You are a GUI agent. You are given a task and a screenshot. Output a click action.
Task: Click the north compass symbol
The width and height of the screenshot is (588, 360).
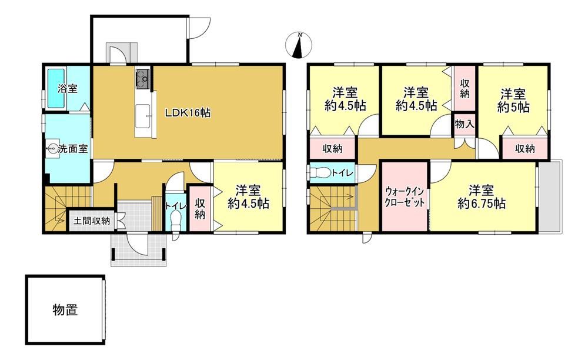(x=299, y=45)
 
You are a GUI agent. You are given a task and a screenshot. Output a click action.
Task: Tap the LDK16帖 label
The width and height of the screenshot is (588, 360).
(x=188, y=112)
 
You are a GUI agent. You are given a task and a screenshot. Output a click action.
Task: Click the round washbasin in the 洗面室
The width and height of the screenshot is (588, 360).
(x=52, y=149)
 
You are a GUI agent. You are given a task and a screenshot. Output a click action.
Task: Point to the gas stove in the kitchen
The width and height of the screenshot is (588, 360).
(x=142, y=79)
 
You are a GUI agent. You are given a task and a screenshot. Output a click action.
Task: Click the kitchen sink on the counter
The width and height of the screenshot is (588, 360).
(x=143, y=115)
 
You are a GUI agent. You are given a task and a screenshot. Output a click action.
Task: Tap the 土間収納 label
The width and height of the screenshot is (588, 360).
(x=92, y=221)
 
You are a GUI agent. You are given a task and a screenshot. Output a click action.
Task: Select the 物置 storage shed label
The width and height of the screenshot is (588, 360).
(x=65, y=310)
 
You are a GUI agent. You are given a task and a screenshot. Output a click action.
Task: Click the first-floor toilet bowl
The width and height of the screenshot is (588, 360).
(x=175, y=221)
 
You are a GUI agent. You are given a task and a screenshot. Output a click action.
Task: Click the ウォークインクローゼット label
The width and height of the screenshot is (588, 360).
(x=405, y=197)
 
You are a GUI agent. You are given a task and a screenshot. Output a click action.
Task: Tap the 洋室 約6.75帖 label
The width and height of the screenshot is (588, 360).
(x=482, y=196)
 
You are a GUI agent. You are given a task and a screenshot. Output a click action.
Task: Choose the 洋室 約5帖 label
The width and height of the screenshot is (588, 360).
(x=513, y=101)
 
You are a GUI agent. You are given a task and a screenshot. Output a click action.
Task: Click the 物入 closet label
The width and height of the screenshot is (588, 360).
(x=465, y=124)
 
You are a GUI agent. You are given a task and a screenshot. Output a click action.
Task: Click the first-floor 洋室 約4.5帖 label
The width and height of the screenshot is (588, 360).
(x=249, y=196)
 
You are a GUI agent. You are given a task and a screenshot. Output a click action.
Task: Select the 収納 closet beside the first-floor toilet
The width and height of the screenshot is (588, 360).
(x=199, y=209)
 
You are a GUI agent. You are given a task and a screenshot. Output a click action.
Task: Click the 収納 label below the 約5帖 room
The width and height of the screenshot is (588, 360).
(x=524, y=149)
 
